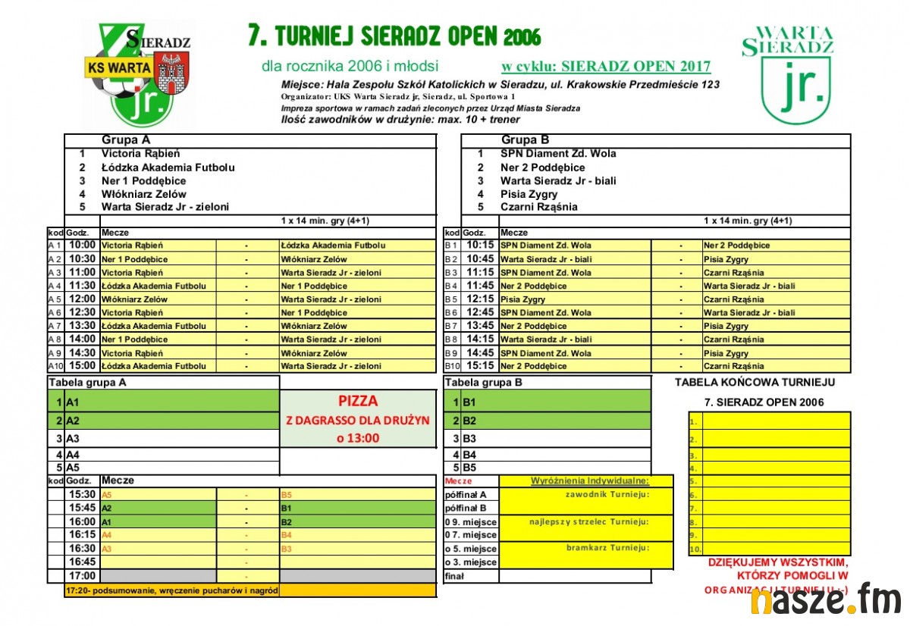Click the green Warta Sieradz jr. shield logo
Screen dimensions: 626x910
click(788, 74)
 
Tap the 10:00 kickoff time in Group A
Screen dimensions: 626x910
click(82, 246)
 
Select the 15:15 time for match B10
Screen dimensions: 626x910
click(480, 366)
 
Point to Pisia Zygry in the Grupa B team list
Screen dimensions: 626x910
click(529, 194)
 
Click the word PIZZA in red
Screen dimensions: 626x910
click(358, 401)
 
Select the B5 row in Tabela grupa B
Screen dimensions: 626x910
click(546, 468)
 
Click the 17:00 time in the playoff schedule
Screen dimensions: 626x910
click(83, 575)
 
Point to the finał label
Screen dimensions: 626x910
click(455, 576)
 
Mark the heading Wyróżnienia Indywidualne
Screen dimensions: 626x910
click(588, 480)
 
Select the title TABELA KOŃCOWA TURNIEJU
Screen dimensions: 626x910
click(755, 383)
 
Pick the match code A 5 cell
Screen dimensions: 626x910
click(55, 299)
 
